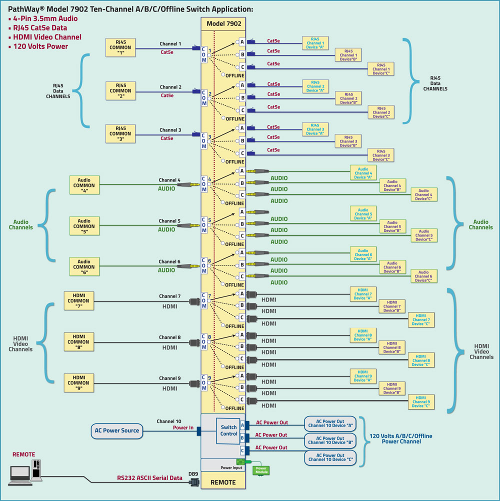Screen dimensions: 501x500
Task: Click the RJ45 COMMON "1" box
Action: [120, 47]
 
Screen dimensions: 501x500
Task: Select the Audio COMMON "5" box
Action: [84, 226]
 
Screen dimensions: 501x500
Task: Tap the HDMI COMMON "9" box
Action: [79, 383]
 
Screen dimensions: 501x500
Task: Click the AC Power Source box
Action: [115, 430]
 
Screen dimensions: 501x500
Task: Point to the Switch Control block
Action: [228, 430]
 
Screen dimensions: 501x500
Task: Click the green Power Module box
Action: [261, 470]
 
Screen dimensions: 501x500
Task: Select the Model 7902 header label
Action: [223, 23]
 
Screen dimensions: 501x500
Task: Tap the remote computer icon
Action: [25, 472]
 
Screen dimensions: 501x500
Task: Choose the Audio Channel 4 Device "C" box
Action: [423, 194]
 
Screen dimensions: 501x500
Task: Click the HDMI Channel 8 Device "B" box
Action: [392, 347]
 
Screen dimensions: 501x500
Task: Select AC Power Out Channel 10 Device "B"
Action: [330, 440]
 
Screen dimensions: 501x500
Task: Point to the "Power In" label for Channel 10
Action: [183, 427]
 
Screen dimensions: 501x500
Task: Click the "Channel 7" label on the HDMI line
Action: [170, 296]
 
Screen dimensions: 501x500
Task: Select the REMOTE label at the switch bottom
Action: [223, 482]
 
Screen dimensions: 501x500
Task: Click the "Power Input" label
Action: [231, 467]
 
